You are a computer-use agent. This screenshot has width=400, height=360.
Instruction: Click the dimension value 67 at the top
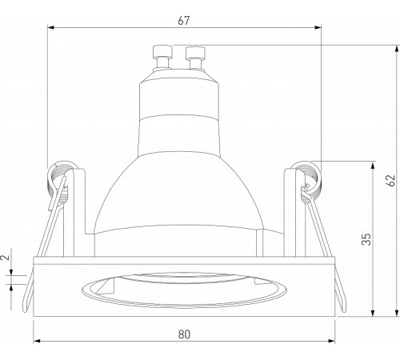[184, 21]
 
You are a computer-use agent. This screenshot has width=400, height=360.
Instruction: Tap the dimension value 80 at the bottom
[184, 334]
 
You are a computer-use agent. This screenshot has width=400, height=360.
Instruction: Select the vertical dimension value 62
[390, 181]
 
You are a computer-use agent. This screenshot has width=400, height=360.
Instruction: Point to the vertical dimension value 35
[366, 239]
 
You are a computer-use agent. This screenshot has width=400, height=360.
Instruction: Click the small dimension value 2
[6, 258]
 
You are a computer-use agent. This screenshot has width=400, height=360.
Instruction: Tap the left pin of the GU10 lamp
[162, 57]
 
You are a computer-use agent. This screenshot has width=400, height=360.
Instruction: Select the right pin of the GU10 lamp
[195, 58]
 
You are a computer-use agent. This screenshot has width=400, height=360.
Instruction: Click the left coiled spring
[59, 182]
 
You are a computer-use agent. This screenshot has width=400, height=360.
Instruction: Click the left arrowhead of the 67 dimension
[51, 27]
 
